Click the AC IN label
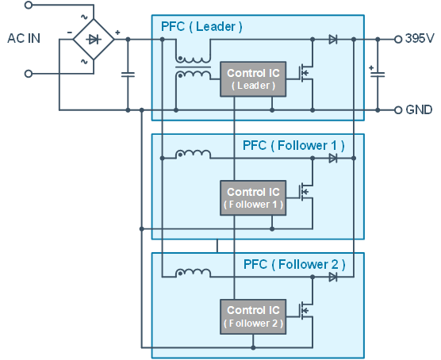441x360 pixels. pyautogui.click(x=24, y=38)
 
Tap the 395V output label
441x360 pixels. pyautogui.click(x=420, y=38)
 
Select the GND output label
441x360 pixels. pyautogui.click(x=419, y=109)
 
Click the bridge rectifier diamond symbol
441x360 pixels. pyautogui.click(x=94, y=40)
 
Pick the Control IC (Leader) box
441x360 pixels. pyautogui.click(x=253, y=79)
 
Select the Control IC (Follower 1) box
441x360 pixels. pyautogui.click(x=253, y=198)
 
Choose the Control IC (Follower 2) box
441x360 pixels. pyautogui.click(x=253, y=316)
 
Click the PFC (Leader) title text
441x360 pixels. pyautogui.click(x=201, y=27)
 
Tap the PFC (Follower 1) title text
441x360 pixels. pyautogui.click(x=293, y=146)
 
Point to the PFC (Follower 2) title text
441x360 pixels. pyautogui.click(x=294, y=265)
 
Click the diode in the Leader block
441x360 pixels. pyautogui.click(x=333, y=40)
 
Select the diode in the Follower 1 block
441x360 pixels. pyautogui.click(x=333, y=159)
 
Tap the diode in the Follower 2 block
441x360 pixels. pyautogui.click(x=333, y=278)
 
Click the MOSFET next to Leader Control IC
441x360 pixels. pyautogui.click(x=306, y=73)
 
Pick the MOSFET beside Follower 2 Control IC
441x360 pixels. pyautogui.click(x=306, y=311)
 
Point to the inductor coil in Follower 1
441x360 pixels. pyautogui.click(x=193, y=154)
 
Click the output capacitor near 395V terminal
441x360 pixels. pyautogui.click(x=378, y=74)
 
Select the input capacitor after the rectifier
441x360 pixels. pyautogui.click(x=128, y=75)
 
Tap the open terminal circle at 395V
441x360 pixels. pyautogui.click(x=397, y=40)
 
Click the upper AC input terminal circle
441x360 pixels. pyautogui.click(x=29, y=5)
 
